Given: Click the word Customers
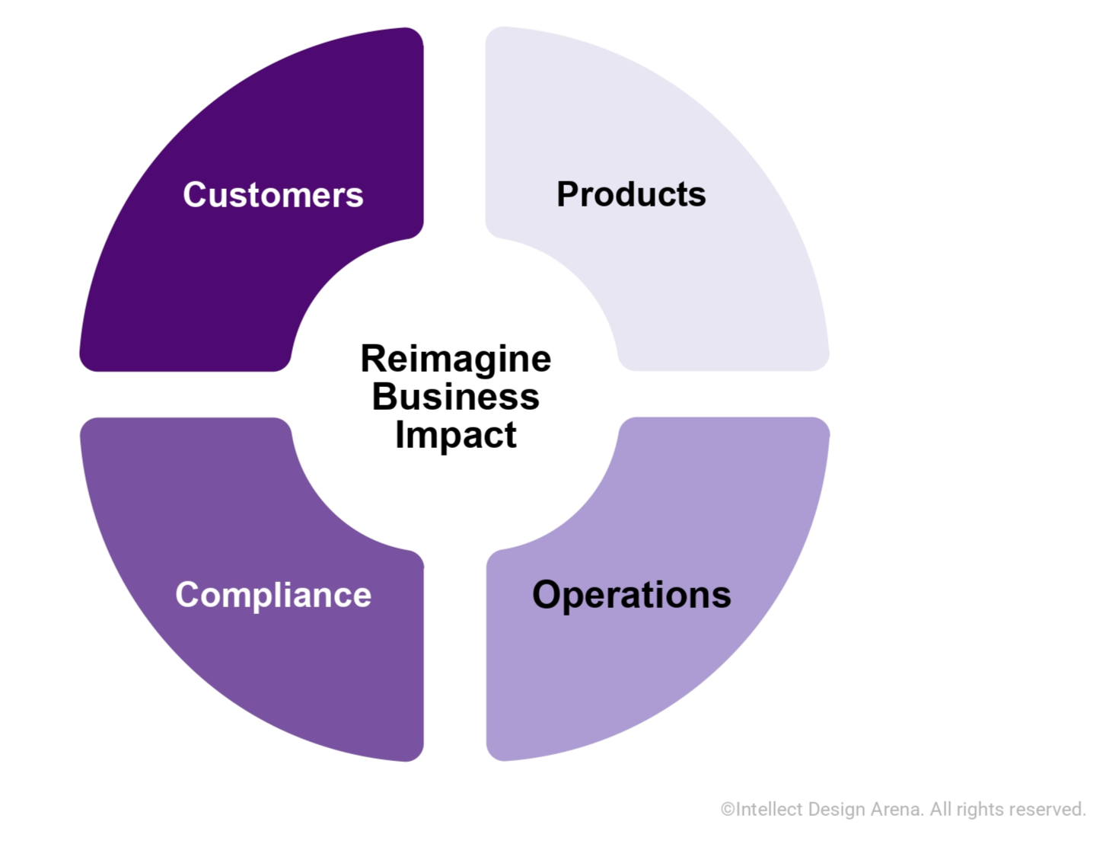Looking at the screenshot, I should click(x=273, y=195).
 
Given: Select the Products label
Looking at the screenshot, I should click(x=631, y=194).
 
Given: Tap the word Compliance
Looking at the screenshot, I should click(x=273, y=595).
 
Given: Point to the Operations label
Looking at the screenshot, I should click(x=631, y=595).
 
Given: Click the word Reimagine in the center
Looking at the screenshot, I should click(x=455, y=359).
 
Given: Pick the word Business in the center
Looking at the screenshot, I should click(x=455, y=397).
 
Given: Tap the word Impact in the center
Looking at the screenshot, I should click(x=455, y=435).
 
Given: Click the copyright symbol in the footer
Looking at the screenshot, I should click(x=728, y=810).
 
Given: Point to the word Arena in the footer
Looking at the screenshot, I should click(x=897, y=809).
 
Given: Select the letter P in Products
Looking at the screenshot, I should click(x=569, y=194).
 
